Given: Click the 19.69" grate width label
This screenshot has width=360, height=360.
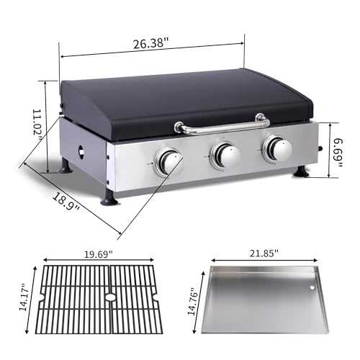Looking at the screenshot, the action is (x=98, y=254).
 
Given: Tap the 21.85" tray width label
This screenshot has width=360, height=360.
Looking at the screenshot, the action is (x=264, y=253).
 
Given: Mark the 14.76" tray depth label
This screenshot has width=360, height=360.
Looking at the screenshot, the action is (x=193, y=302).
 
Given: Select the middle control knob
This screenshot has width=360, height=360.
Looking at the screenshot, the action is (x=225, y=154).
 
